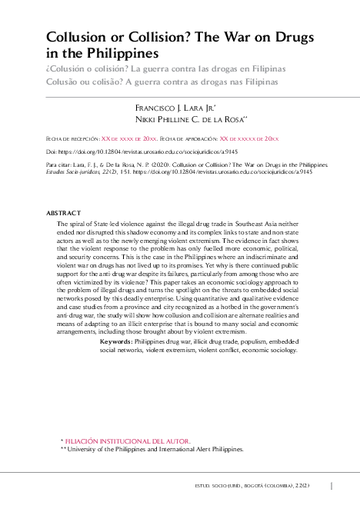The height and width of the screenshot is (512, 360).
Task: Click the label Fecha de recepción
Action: point(73,138)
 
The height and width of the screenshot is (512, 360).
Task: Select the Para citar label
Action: point(58,165)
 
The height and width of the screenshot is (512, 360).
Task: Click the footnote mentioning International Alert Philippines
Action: point(155,448)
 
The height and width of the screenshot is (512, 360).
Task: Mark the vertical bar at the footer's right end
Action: point(331,486)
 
